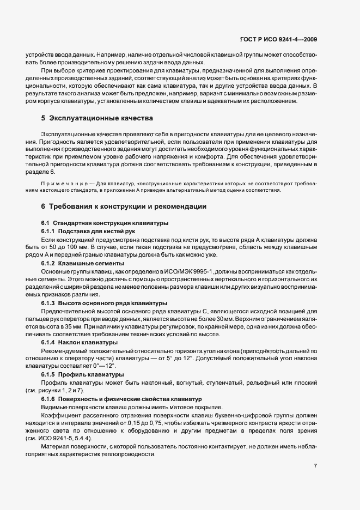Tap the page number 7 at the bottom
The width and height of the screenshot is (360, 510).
[316, 466]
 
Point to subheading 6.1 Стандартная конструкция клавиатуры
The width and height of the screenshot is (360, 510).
[105, 223]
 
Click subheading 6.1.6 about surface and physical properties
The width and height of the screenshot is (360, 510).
[121, 399]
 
